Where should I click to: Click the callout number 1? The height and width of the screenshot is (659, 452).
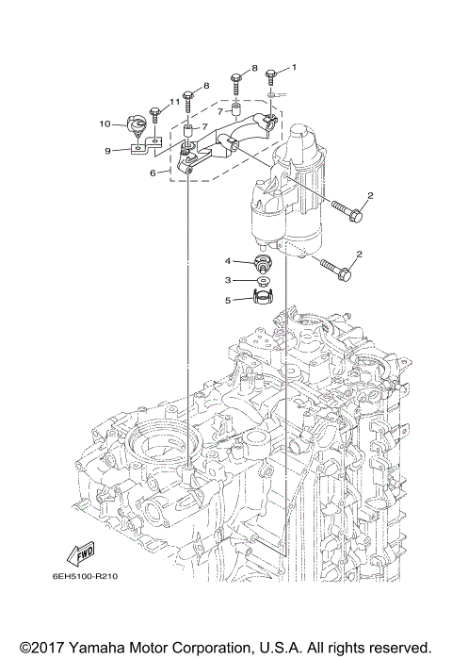point(293,68)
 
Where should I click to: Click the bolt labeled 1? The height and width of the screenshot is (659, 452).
point(271,74)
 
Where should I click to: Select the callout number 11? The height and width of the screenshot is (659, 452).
point(175,102)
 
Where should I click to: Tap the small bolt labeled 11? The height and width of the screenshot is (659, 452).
point(156,116)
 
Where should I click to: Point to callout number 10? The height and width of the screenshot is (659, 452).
point(105,123)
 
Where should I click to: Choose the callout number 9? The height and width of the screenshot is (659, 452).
point(108,150)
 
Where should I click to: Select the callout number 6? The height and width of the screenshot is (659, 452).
point(153,173)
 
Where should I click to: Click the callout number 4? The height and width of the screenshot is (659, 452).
point(228,260)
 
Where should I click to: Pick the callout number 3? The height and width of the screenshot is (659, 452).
point(228,280)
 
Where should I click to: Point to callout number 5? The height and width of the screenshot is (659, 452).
point(228,301)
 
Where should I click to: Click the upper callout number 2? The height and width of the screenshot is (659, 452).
point(370,196)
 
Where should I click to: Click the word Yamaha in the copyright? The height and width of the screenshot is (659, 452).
point(98,647)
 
